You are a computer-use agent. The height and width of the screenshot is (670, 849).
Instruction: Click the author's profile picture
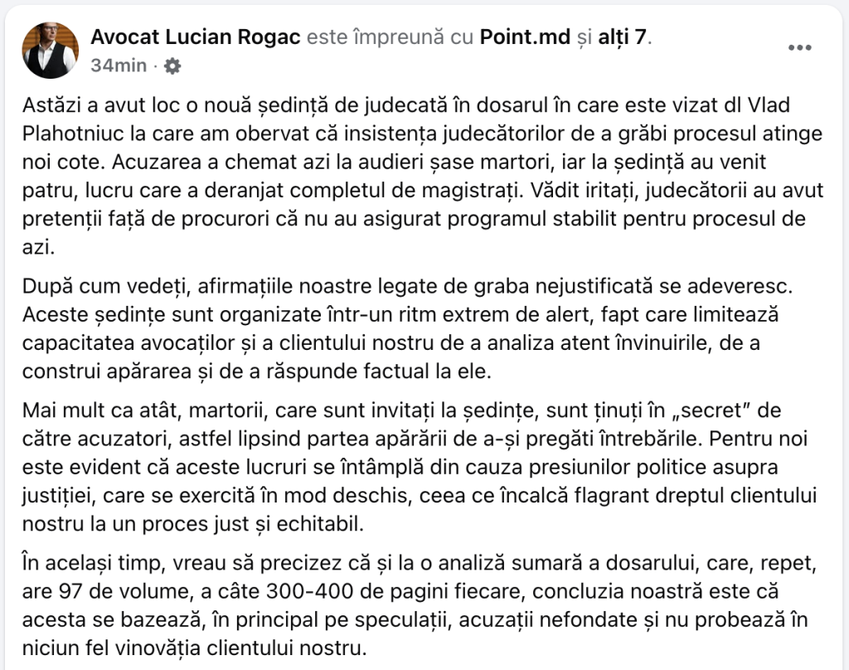51,51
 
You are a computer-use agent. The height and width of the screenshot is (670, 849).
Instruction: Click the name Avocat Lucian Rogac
196,36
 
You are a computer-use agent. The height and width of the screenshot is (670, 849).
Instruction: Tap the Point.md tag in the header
525,36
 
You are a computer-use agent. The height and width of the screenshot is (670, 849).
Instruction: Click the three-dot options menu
799,48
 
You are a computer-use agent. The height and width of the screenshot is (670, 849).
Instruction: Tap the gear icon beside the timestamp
172,66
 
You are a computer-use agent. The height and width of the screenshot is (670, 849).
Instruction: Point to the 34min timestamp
119,66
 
